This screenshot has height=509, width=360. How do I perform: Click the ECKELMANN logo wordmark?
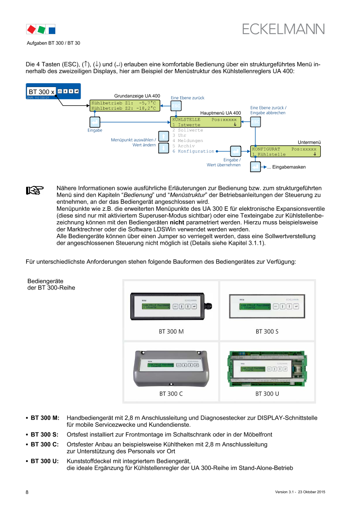pos(283,29)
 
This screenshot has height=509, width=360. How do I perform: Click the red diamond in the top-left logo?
pos(31,30)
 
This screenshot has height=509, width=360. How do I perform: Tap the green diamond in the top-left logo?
pos(41,30)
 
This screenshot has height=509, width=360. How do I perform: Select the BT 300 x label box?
pos(41,92)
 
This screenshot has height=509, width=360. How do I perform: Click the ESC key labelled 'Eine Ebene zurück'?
pos(175,106)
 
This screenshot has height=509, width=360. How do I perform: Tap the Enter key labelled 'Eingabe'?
pos(95,122)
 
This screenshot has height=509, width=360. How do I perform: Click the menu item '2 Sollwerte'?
pos(188,130)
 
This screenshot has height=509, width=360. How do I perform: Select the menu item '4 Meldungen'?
pos(188,141)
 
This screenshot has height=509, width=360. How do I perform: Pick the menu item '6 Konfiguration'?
pos(193,151)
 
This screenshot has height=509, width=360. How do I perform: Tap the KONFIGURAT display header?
pos(266,149)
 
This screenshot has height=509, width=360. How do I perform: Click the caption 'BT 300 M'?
pos(171,331)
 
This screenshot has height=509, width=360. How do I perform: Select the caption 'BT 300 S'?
pos(267,331)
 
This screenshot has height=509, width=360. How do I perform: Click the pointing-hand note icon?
pos(35,190)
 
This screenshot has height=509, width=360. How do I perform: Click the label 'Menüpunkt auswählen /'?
pos(134,140)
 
